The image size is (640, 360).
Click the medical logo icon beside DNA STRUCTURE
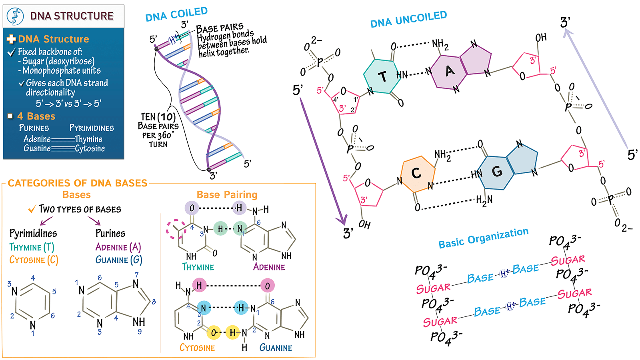[x=16, y=16]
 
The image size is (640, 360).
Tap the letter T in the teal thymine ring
[x=382, y=76]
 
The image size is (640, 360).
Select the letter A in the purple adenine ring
[x=450, y=71]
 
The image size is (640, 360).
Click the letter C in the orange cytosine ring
[x=416, y=173]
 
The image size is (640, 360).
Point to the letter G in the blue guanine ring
[x=497, y=172]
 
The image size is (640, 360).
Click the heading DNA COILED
[x=176, y=14]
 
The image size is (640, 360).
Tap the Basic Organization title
[x=483, y=238]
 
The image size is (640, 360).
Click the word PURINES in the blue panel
[x=34, y=128]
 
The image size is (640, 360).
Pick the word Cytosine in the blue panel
[x=90, y=148]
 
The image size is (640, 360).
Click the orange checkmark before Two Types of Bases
[x=32, y=209]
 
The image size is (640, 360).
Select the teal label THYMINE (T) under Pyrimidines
[x=32, y=247]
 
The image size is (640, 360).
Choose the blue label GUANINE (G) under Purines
[x=118, y=260]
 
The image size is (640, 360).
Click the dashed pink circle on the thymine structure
[x=176, y=230]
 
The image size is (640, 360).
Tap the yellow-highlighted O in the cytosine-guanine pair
[x=214, y=332]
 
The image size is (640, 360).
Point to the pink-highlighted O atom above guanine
[x=267, y=286]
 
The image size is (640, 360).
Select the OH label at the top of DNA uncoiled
[x=541, y=38]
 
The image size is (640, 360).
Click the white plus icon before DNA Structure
[x=11, y=39]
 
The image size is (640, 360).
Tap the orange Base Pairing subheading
[x=227, y=195]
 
